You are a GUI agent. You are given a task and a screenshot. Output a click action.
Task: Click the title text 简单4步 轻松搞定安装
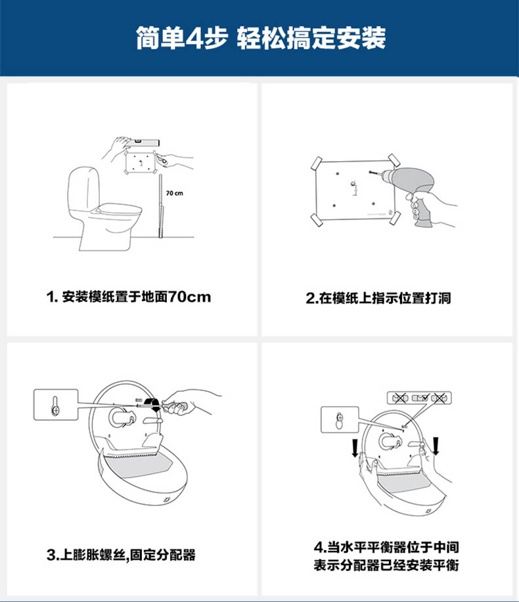pyautogui.click(x=261, y=37)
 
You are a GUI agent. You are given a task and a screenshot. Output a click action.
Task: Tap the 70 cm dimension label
pyautogui.click(x=174, y=193)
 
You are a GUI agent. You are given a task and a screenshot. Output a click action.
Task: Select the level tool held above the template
pyautogui.click(x=145, y=142)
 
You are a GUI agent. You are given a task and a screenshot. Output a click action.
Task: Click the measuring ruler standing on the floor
pyautogui.click(x=160, y=206)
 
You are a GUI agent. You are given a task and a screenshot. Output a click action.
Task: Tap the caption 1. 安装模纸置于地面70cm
pyautogui.click(x=129, y=297)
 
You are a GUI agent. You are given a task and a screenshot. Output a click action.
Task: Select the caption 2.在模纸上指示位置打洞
pyautogui.click(x=378, y=298)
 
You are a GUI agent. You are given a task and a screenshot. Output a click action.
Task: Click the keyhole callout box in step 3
pyautogui.click(x=56, y=404)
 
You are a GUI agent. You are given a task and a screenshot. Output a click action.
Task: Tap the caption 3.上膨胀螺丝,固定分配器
pyautogui.click(x=121, y=555)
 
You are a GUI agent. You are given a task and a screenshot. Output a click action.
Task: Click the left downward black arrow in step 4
pyautogui.click(x=355, y=448)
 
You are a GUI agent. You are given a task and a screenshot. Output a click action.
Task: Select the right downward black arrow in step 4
pyautogui.click(x=436, y=446)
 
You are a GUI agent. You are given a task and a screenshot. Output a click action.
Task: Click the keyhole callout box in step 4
pyautogui.click(x=340, y=420)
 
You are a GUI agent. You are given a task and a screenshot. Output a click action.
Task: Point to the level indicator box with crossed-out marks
pyautogui.click(x=419, y=398)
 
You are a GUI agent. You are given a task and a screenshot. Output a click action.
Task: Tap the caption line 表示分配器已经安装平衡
pyautogui.click(x=386, y=566)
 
